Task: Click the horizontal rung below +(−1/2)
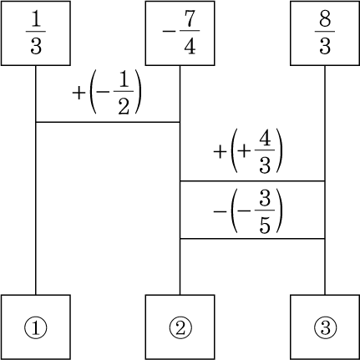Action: (108, 122)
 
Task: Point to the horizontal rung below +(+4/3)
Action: (252, 181)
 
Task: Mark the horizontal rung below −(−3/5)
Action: (252, 239)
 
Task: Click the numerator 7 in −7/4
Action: (190, 19)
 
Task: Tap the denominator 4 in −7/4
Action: (190, 45)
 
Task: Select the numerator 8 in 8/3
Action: (325, 19)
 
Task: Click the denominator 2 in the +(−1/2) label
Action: (124, 106)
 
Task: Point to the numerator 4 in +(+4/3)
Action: (265, 139)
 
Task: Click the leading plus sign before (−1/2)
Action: (79, 93)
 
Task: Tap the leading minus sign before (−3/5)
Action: (220, 211)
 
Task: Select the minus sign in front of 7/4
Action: (169, 31)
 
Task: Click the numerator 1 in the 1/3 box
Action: (36, 19)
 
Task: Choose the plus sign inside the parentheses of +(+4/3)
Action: (243, 152)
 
